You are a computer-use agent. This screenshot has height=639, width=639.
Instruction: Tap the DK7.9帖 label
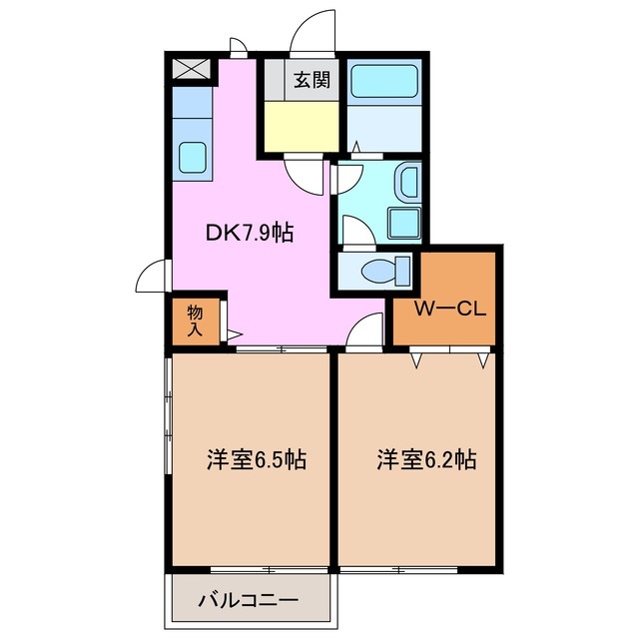[x=250, y=233]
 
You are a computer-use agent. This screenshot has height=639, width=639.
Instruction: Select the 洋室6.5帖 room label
[x=256, y=460]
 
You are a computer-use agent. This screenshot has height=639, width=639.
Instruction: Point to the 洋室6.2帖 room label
[x=425, y=460]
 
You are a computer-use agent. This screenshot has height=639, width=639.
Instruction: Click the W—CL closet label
[x=450, y=309]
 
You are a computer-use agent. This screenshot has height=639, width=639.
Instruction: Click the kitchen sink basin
[x=191, y=157]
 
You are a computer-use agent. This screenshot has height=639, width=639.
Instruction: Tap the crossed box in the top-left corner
[x=190, y=70]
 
